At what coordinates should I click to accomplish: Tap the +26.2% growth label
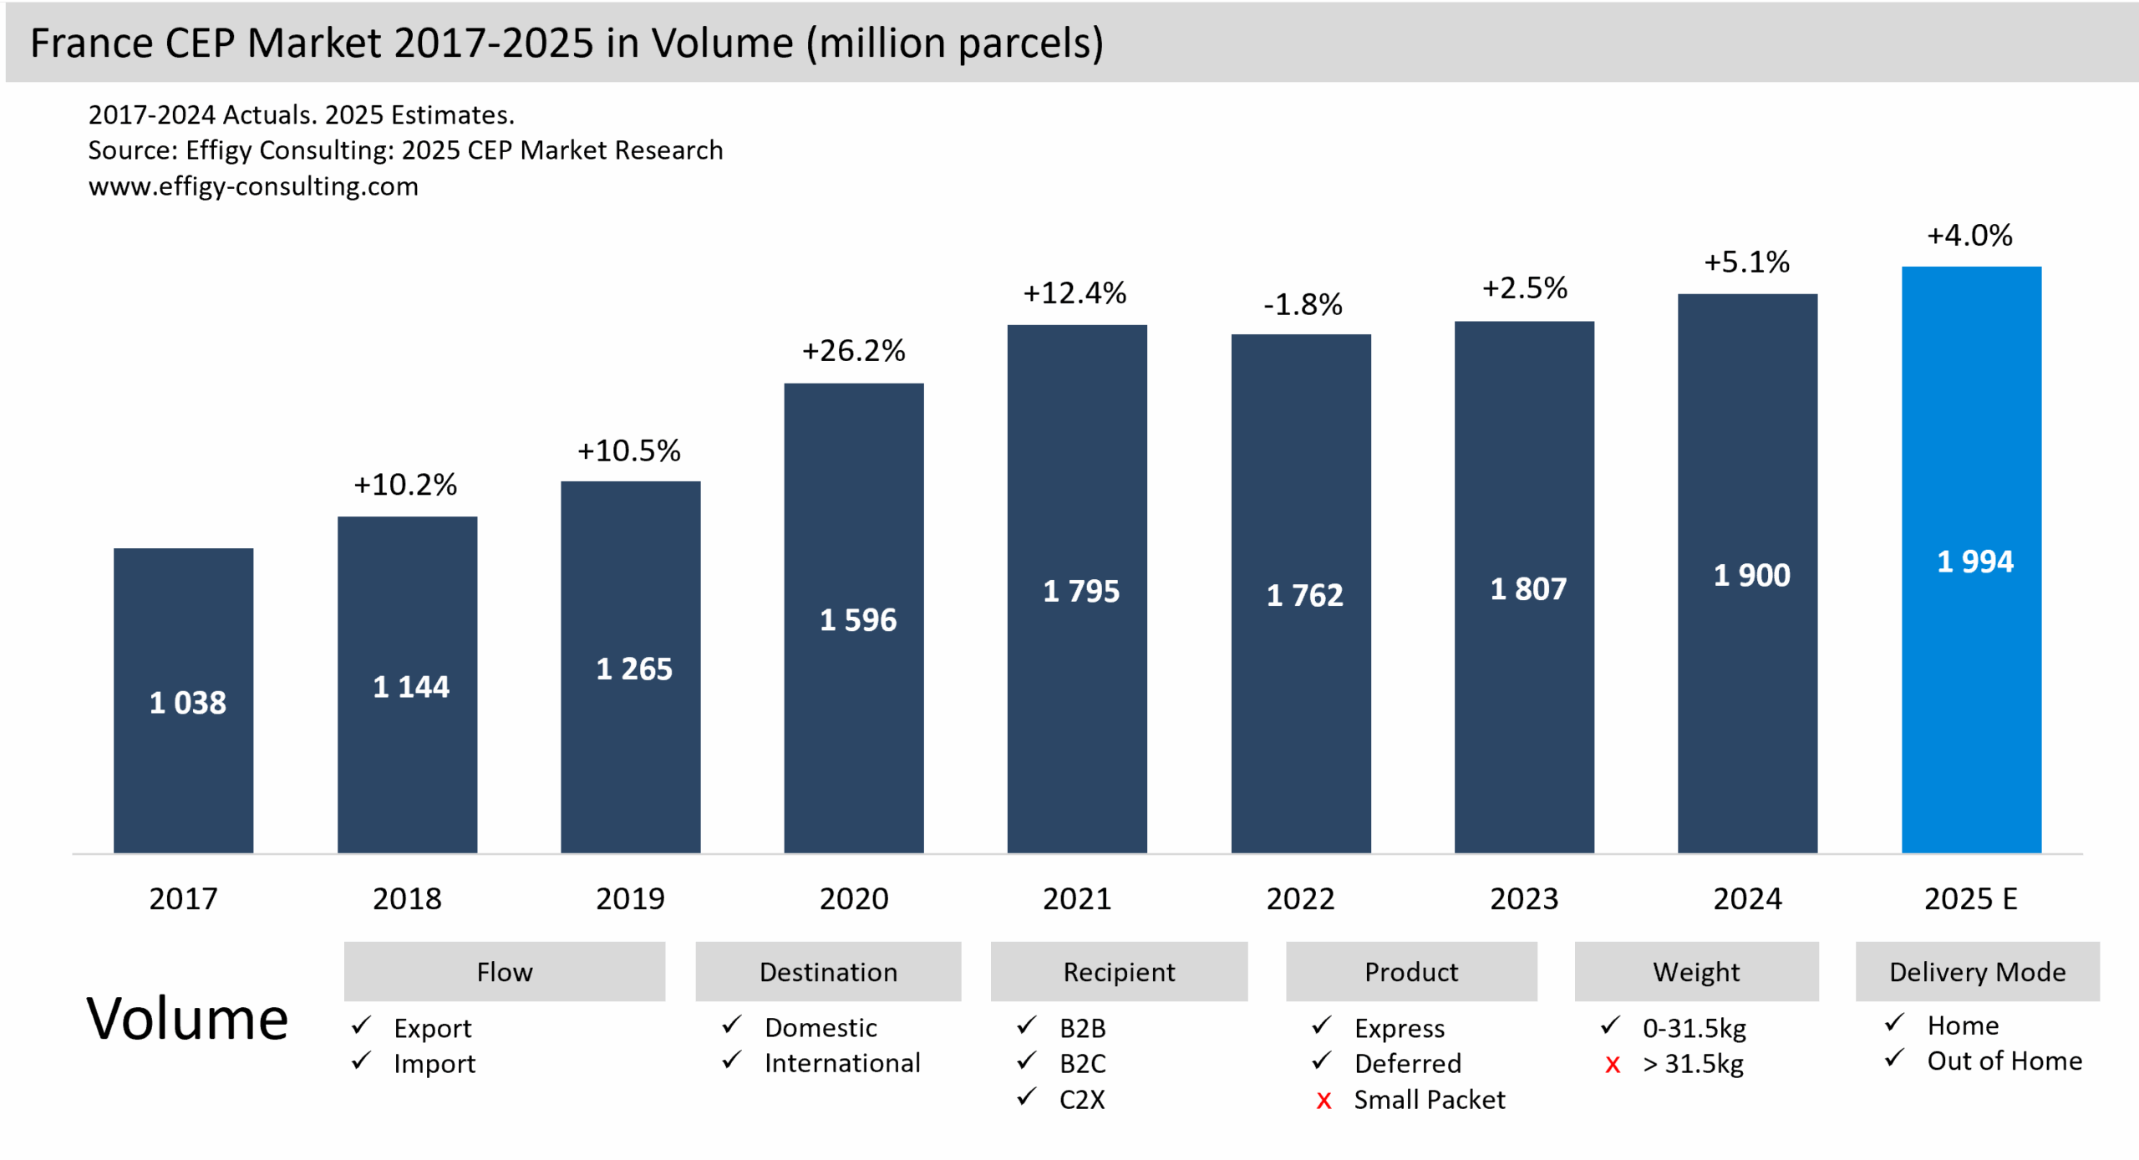point(853,351)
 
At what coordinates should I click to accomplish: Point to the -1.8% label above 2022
point(1302,305)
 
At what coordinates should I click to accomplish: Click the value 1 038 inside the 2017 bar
point(187,703)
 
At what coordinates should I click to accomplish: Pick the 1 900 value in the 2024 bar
point(1751,576)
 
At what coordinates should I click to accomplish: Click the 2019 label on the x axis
point(630,899)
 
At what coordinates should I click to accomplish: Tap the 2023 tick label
point(1524,899)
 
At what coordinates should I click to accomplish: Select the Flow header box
point(504,972)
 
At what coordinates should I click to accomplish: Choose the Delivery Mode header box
point(1977,972)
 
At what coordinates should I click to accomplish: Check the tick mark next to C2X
point(1026,1096)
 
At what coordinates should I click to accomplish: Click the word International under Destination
point(841,1063)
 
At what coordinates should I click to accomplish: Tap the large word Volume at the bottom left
point(187,1020)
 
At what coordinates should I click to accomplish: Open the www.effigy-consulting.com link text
point(253,186)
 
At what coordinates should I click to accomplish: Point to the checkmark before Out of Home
point(1894,1059)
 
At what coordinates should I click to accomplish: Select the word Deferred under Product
point(1407,1064)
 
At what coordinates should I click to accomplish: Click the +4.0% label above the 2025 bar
point(1969,236)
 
